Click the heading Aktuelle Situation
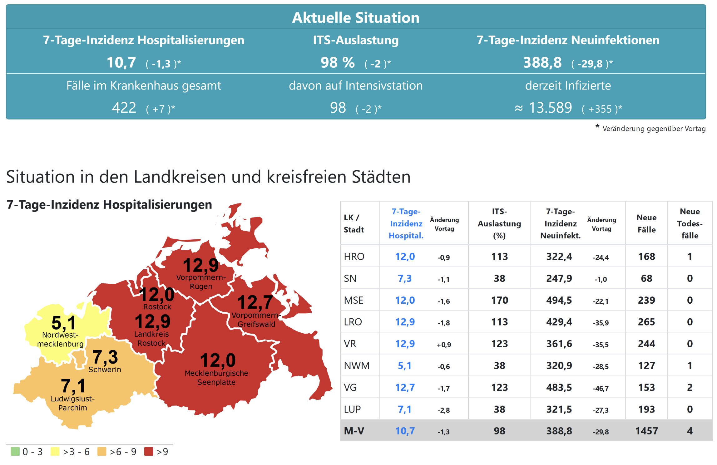click(x=356, y=18)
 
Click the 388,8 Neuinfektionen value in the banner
click(x=542, y=62)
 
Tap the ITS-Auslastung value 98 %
click(x=338, y=62)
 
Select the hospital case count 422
click(x=124, y=108)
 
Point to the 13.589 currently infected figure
click(x=550, y=108)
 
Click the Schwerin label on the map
click(x=105, y=370)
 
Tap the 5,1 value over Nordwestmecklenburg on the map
click(x=63, y=323)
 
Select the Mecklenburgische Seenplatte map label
click(x=216, y=378)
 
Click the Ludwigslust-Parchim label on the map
click(x=72, y=403)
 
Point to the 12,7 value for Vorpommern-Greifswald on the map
click(x=255, y=302)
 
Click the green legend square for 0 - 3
click(x=15, y=452)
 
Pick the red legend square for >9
click(x=149, y=452)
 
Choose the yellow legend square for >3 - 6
click(x=55, y=452)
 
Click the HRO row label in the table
click(x=354, y=257)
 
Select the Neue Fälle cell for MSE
click(x=646, y=300)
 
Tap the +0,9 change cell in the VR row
click(x=444, y=345)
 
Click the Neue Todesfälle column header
click(x=690, y=223)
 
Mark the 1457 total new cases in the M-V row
click(x=646, y=431)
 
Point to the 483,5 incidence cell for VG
click(x=559, y=387)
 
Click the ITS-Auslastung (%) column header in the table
click(x=499, y=223)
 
